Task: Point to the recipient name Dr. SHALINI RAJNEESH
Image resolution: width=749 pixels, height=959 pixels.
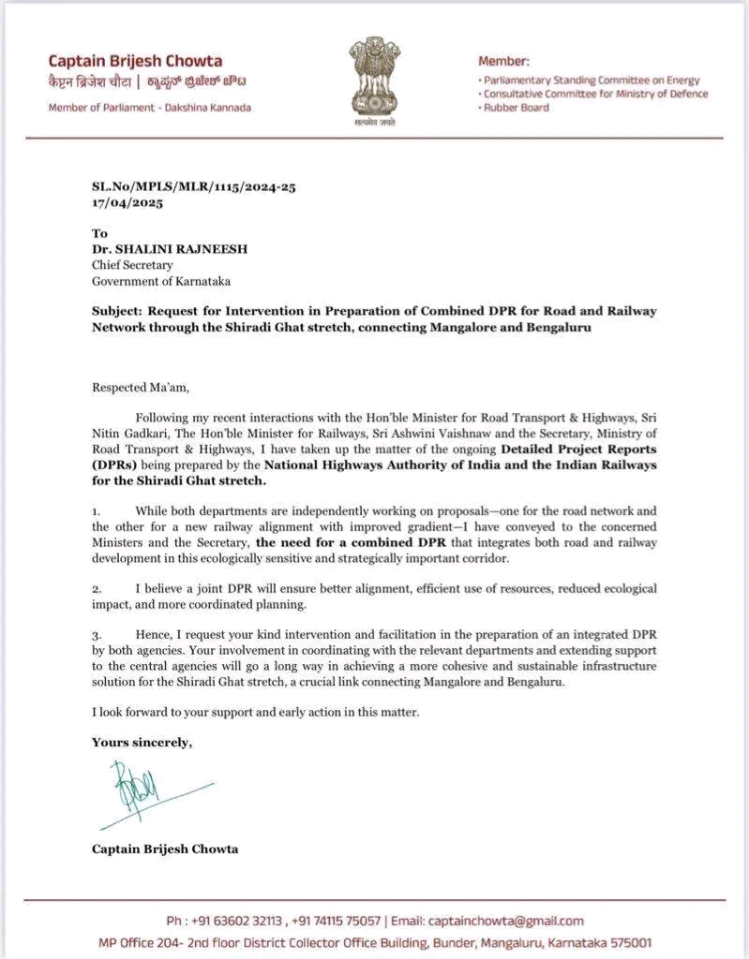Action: (163, 249)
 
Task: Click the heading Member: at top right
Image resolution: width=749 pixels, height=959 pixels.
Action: (503, 61)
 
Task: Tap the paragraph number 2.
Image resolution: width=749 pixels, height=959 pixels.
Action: (96, 588)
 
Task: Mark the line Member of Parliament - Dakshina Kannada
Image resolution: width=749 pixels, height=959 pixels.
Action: (150, 108)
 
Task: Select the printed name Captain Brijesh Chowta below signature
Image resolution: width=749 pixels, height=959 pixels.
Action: (164, 848)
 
